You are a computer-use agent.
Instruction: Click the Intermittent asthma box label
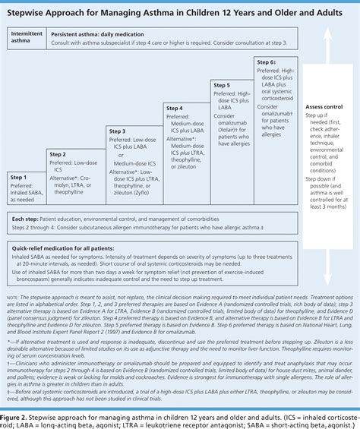coord(26,39)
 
